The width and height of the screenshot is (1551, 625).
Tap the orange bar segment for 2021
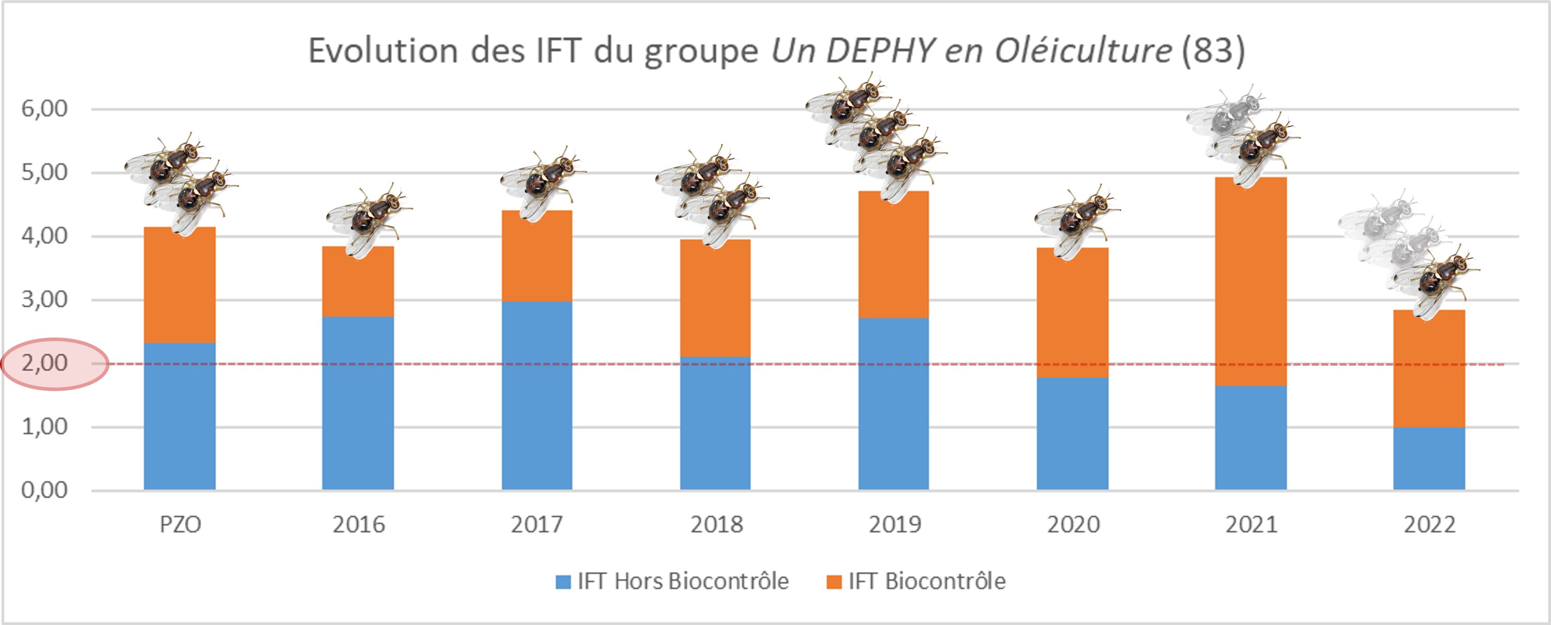click(x=1250, y=281)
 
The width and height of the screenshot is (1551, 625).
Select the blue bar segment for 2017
click(x=537, y=395)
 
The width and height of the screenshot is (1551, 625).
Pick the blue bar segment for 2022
click(x=1429, y=458)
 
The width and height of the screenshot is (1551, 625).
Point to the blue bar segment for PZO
click(x=179, y=416)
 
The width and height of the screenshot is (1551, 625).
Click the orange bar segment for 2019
click(x=894, y=254)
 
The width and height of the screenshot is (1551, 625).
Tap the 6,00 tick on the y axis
click(x=44, y=109)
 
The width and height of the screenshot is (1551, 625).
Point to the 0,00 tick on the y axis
click(x=44, y=490)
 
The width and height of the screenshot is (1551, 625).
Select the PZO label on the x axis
click(x=180, y=524)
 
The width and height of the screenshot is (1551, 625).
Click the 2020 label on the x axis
click(x=1073, y=524)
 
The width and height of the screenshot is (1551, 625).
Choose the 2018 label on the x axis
click(x=716, y=524)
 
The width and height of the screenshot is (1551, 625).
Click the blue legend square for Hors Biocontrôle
click(x=563, y=582)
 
